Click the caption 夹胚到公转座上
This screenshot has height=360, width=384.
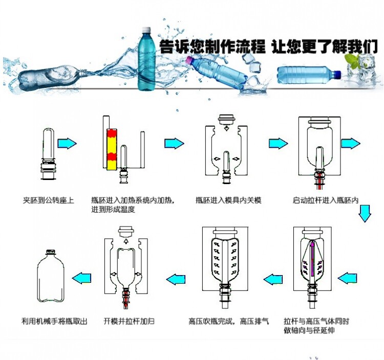[49, 200]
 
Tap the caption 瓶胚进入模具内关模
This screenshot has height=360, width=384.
[228, 200]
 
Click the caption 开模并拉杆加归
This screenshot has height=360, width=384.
[129, 322]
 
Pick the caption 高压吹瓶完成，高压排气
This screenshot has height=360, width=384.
[225, 322]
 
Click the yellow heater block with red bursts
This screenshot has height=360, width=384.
[112, 149]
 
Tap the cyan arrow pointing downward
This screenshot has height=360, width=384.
[365, 213]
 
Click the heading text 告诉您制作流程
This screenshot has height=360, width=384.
[212, 48]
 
